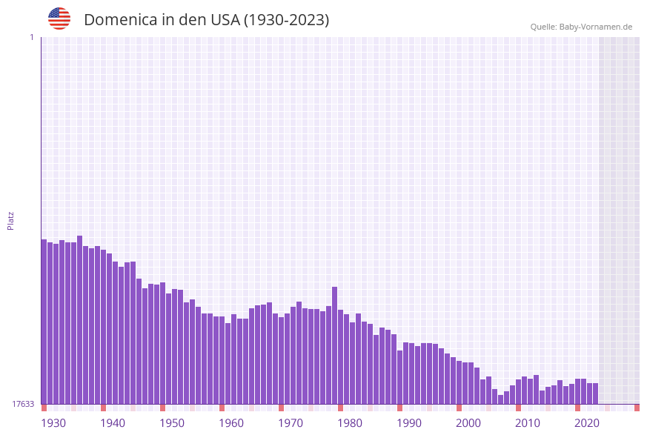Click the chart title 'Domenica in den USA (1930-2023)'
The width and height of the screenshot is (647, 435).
(x=206, y=20)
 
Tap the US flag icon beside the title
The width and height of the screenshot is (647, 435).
(x=59, y=19)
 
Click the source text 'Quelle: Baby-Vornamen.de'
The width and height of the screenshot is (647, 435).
(x=581, y=27)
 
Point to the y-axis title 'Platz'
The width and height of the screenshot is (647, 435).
(x=11, y=220)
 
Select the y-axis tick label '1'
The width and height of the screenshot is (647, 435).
(x=31, y=37)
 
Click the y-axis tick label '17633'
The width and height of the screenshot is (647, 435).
(x=23, y=404)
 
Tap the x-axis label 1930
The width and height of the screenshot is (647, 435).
(x=53, y=423)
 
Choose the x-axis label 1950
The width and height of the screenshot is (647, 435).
(x=172, y=423)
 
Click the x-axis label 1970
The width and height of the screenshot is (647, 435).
(x=291, y=423)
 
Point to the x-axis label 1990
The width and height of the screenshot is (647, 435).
(x=409, y=423)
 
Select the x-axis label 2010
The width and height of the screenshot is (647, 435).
(x=528, y=423)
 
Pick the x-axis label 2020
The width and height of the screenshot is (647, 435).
(x=587, y=423)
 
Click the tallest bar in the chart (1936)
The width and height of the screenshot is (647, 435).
(x=80, y=319)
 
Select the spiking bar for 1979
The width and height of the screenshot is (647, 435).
(x=335, y=345)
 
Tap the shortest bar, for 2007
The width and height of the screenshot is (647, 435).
(x=501, y=399)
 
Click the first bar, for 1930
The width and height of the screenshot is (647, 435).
(x=44, y=322)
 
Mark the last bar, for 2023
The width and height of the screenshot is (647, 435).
(x=595, y=394)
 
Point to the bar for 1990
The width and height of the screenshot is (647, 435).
(x=400, y=377)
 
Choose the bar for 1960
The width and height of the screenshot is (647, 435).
(x=222, y=360)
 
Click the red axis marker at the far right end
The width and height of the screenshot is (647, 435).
(x=637, y=408)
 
